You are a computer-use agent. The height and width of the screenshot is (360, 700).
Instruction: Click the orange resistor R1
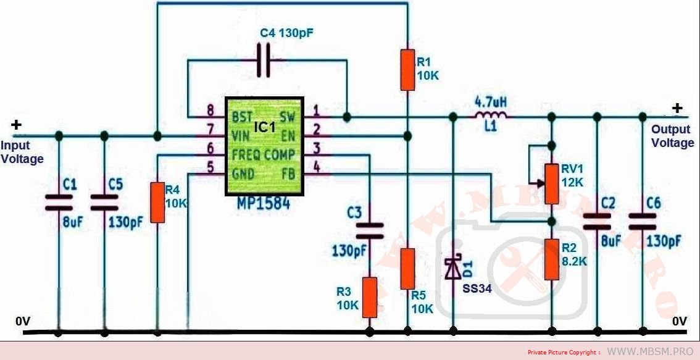pos(407,70)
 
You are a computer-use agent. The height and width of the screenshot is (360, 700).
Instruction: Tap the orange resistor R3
pos(369,297)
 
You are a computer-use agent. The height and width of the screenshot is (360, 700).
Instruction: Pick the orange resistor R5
pos(407,268)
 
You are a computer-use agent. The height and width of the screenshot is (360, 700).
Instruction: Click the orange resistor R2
pos(552,259)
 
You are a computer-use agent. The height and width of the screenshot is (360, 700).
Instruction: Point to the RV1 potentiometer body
pos(552,183)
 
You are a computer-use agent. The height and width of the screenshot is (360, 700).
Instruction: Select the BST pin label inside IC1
pos(242,116)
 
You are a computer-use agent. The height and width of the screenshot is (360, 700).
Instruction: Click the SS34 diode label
pos(477,288)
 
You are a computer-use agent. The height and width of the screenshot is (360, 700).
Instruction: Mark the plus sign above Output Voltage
pos(677,109)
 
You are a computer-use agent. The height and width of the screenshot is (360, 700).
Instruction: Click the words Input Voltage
pos(22,153)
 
